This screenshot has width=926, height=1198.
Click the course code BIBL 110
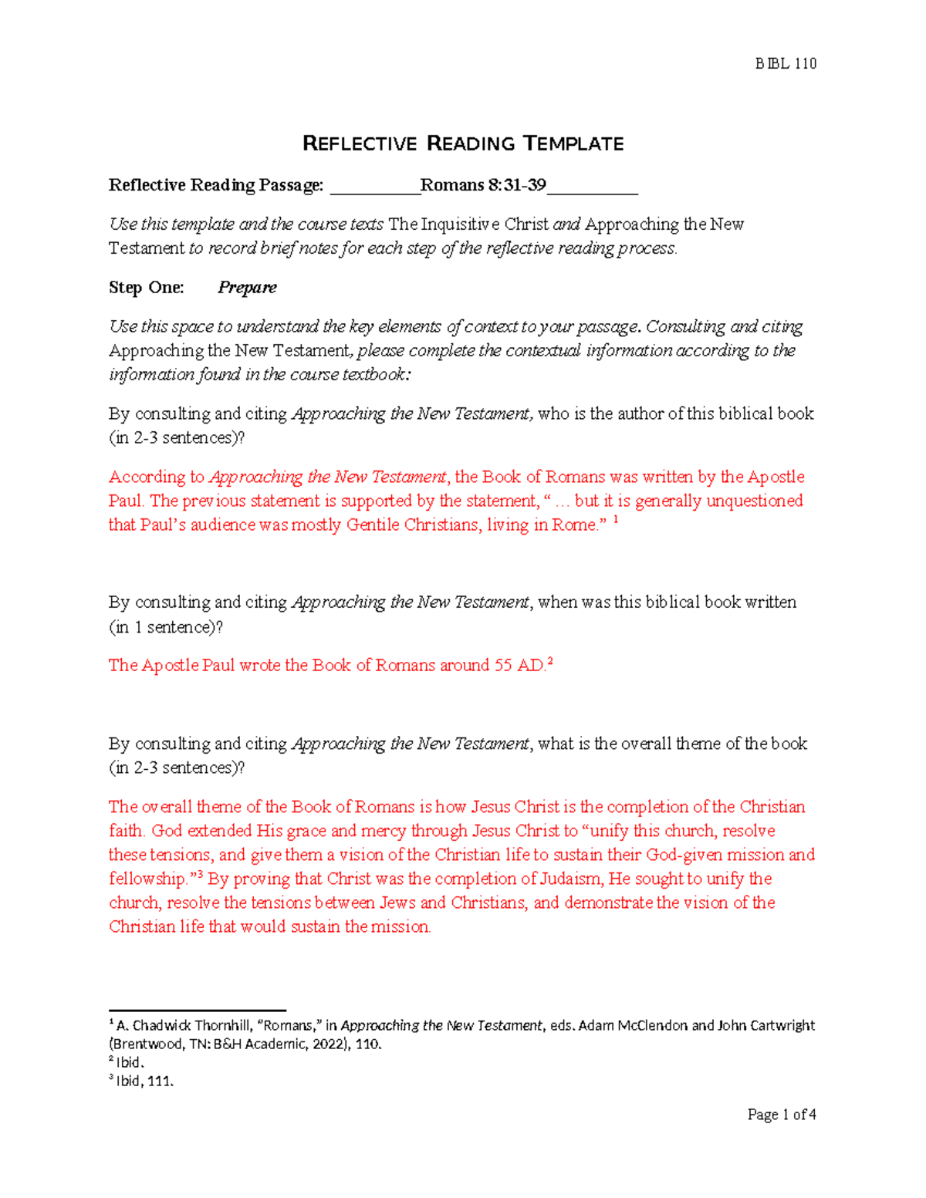point(786,63)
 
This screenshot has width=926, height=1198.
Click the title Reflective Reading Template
point(463,143)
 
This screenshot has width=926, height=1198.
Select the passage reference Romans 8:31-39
point(483,185)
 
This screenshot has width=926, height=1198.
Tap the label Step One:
point(147,288)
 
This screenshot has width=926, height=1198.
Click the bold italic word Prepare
point(247,288)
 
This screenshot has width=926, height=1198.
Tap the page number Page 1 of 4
point(782,1115)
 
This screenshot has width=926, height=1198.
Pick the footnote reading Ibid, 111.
point(144,1082)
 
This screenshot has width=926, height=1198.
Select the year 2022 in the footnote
point(329,1044)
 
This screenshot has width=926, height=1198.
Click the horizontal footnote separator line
point(198,1010)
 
